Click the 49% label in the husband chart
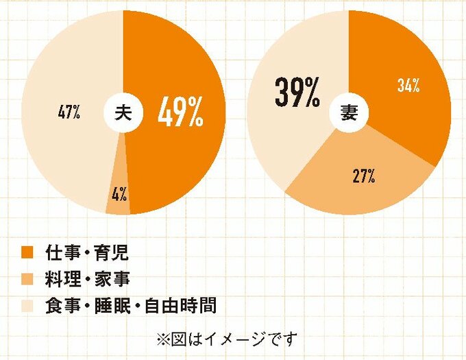click(180, 113)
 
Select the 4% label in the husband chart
click(118, 194)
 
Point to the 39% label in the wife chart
click(297, 94)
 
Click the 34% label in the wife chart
click(408, 86)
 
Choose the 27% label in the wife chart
click(363, 176)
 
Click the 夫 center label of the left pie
click(123, 114)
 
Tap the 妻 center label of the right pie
click(349, 114)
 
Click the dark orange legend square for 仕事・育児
click(27, 252)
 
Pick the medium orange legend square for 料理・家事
click(27, 278)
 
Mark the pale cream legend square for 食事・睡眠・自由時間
click(27, 305)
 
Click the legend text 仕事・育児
click(87, 252)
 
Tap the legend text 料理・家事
click(87, 278)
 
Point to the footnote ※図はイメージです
click(228, 339)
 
